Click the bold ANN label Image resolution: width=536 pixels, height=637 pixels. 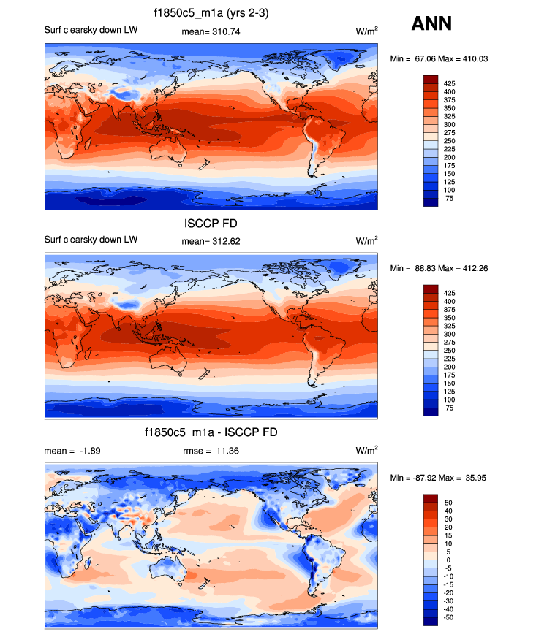coord(431,24)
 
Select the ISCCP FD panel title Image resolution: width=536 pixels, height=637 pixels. coord(211,224)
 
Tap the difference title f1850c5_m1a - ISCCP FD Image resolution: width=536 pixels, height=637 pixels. coord(211,433)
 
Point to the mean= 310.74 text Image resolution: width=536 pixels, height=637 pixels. coord(211,32)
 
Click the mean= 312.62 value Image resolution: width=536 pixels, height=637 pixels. coord(211,240)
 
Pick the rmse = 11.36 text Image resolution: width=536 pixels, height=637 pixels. coord(211,451)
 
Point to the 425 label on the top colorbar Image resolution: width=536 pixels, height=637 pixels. coord(450,85)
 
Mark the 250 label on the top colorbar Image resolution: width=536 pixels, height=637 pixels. coord(450,141)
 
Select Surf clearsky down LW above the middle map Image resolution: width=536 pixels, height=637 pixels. coord(91,240)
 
